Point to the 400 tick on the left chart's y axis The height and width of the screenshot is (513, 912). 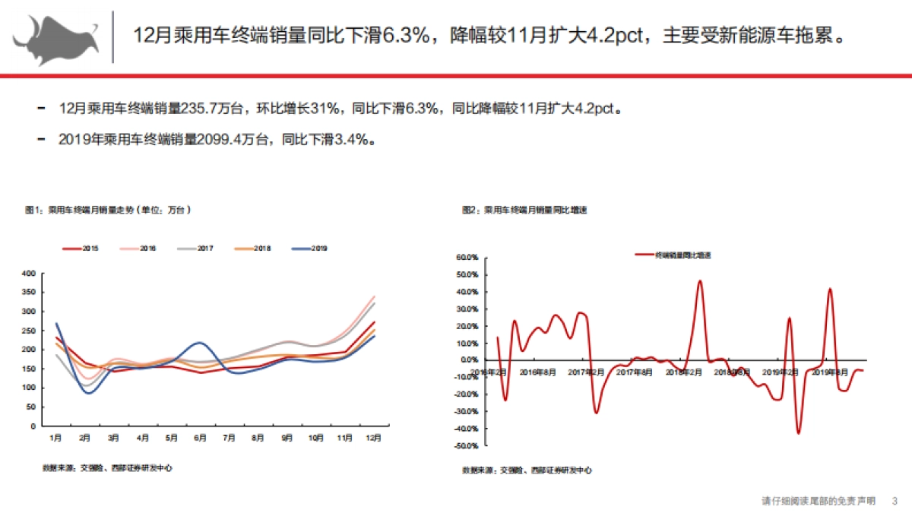click(x=29, y=273)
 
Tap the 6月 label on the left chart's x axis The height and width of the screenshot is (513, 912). click(x=200, y=439)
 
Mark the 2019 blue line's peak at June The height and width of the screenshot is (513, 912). click(x=200, y=343)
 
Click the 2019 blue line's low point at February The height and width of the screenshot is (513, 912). click(x=89, y=393)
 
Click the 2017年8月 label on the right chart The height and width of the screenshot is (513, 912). click(x=635, y=372)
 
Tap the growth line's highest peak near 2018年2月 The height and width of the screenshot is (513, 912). click(x=700, y=280)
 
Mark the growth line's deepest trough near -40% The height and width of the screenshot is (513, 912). click(x=799, y=433)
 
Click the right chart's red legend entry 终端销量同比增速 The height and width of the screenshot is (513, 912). click(x=678, y=255)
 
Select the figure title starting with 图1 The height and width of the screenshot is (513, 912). click(x=106, y=209)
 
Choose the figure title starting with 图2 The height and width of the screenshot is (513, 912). click(x=525, y=209)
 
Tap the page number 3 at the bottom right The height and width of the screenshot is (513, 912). click(x=895, y=501)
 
